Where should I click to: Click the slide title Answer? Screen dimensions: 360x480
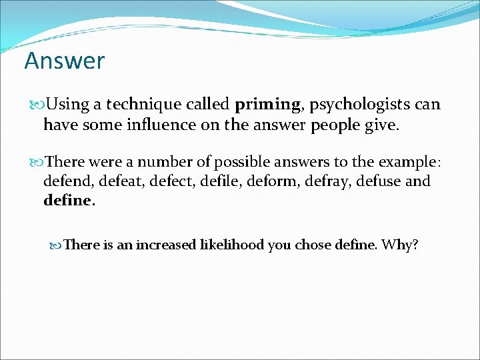point(64,61)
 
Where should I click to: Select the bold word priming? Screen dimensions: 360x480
point(267,105)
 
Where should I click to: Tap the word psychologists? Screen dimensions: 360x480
point(354,105)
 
